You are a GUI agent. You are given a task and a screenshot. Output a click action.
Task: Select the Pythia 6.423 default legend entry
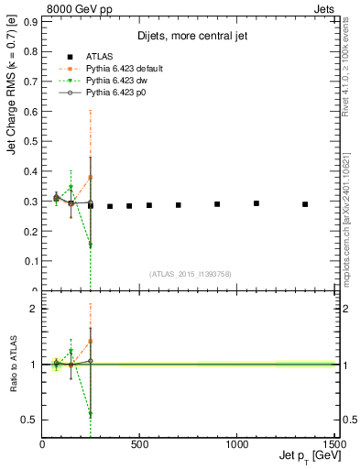click(x=121, y=69)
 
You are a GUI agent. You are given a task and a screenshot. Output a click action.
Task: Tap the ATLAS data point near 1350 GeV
click(x=305, y=204)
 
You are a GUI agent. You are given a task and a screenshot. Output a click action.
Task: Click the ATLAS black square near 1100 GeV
click(x=256, y=203)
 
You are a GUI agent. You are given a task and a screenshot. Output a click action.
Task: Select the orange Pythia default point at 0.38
click(x=90, y=178)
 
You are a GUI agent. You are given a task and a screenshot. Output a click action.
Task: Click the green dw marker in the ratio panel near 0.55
click(x=90, y=414)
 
